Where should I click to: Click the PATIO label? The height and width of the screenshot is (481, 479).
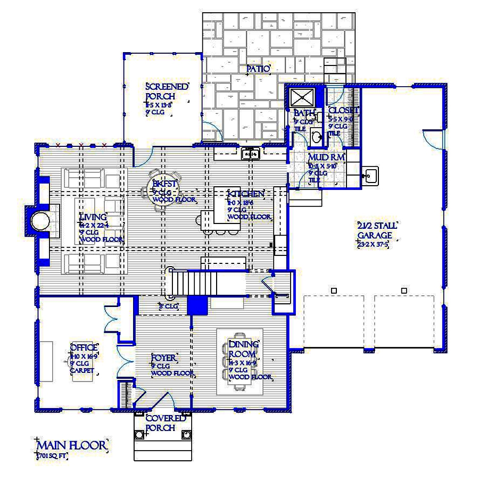coord(259,69)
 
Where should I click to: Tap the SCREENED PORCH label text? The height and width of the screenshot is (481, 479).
coord(167,92)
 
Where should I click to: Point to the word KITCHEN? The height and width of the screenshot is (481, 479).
coord(245,194)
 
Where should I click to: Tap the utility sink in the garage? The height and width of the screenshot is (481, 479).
coord(369,175)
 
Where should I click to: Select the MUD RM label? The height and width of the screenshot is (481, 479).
coord(326,158)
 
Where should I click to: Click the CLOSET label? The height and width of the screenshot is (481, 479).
coord(343,111)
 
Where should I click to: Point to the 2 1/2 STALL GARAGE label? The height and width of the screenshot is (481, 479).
coord(377,230)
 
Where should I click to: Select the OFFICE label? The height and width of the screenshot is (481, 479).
coord(84,348)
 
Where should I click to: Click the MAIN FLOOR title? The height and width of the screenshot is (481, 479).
coord(72,444)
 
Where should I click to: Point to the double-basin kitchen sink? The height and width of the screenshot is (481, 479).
coord(250,155)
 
